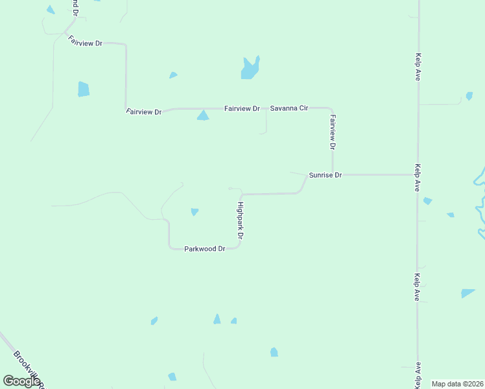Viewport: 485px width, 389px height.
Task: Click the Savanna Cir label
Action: coord(289,108)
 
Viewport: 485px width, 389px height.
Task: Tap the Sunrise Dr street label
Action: coord(325,175)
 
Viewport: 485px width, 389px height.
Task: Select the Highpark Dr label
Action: coord(239,221)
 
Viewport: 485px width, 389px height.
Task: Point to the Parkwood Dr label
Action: coord(204,248)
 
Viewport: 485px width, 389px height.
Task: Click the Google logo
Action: coord(21,381)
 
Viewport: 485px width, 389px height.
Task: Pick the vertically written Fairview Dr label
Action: coord(333,132)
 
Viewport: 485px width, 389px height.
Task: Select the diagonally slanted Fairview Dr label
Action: coord(86,40)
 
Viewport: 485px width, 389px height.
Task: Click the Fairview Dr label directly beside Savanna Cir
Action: coord(242,108)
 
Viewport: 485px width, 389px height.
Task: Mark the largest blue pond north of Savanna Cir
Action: coord(250,68)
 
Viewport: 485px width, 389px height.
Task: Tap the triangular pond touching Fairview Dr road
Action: coord(203,115)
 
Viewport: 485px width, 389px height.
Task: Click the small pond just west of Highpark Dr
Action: coord(195,211)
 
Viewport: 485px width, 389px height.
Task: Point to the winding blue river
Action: coord(479,201)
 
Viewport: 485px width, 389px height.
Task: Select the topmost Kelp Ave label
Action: coord(419,67)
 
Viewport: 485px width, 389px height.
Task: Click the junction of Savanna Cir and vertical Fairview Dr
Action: coord(331,109)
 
